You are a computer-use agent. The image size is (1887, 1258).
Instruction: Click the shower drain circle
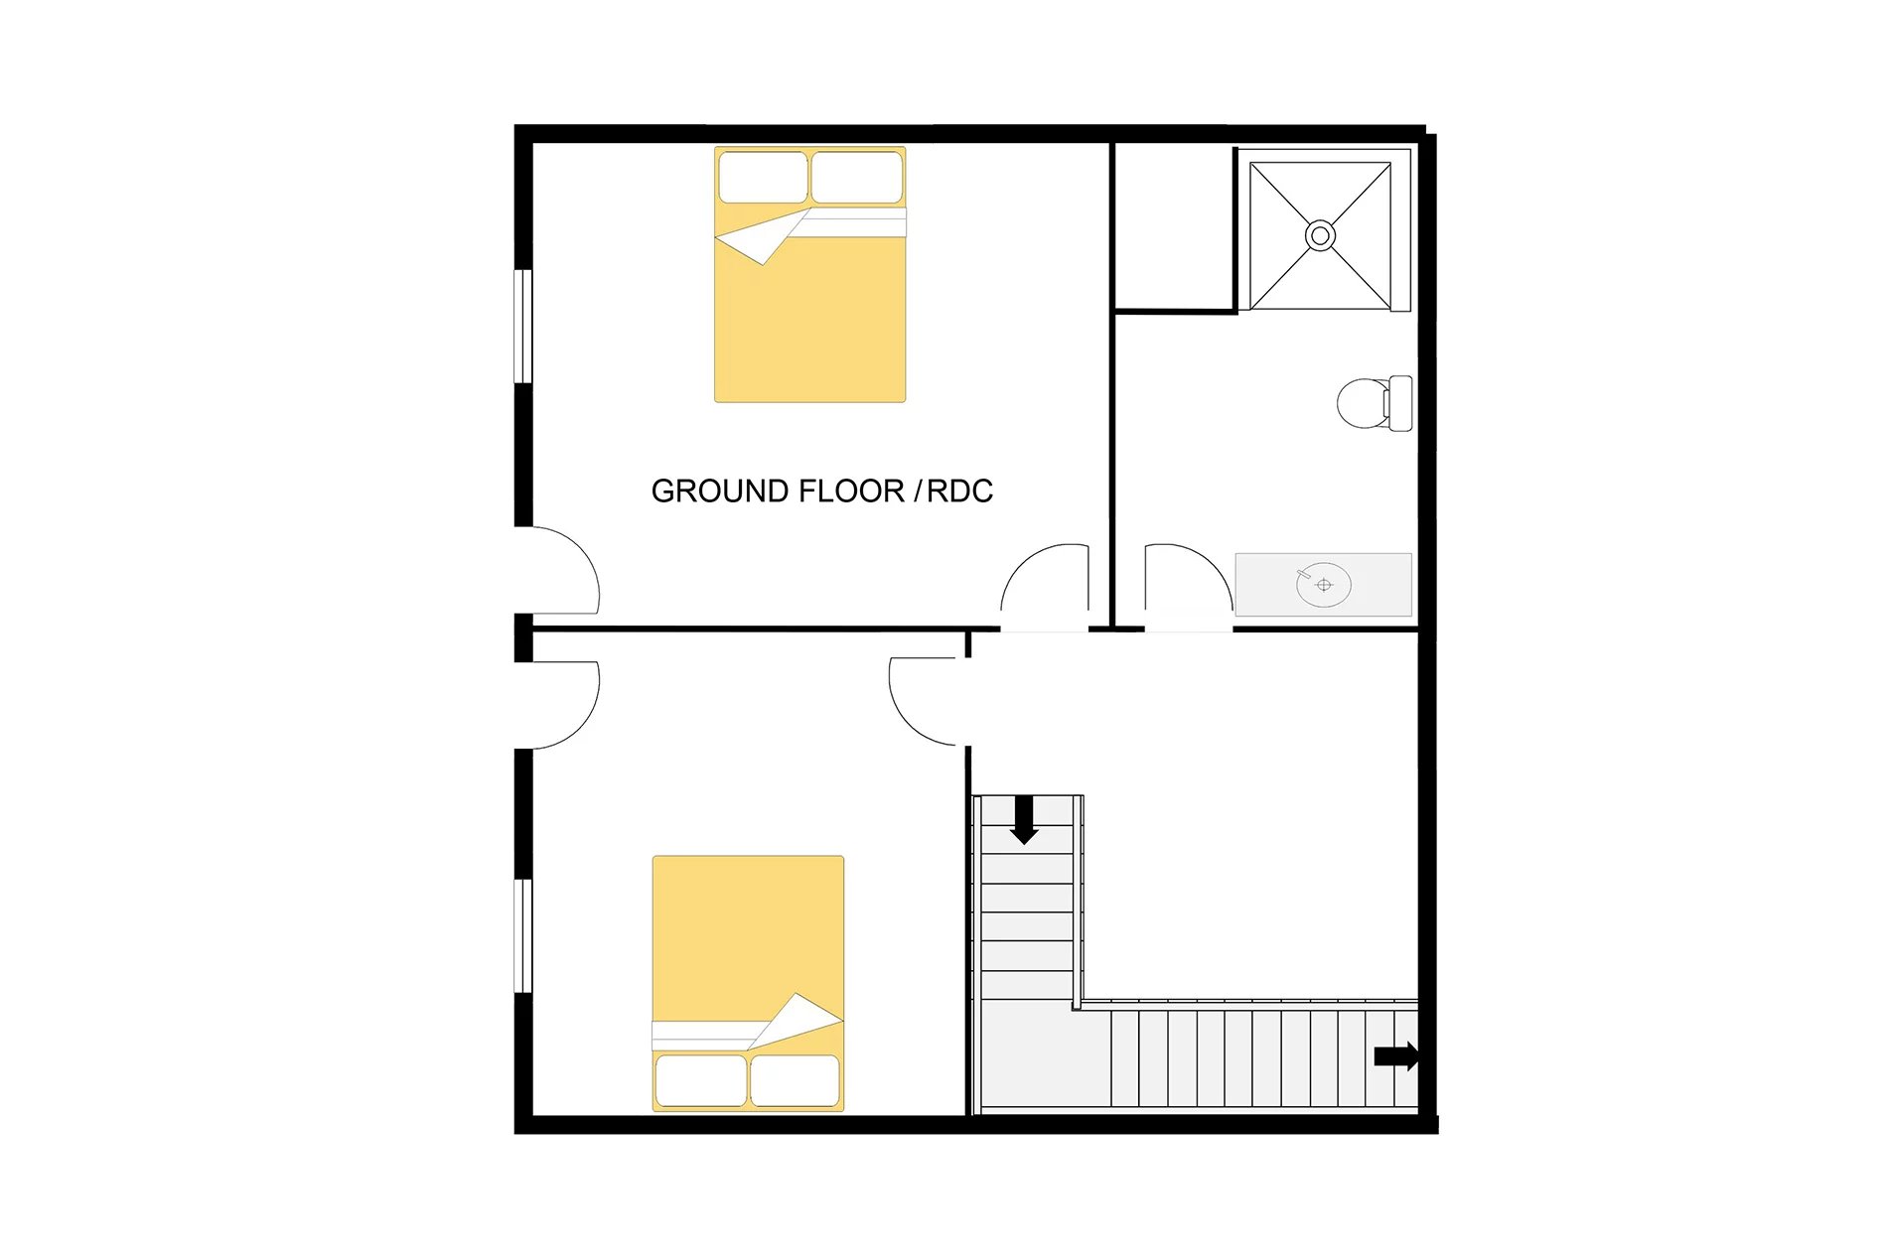(x=1320, y=236)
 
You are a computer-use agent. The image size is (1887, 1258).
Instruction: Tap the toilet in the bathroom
(x=1375, y=403)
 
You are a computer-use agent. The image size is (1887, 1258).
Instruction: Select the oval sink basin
(x=1324, y=585)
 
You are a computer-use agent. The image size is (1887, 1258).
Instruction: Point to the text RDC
(x=959, y=491)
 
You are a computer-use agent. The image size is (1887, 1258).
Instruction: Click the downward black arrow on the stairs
(x=1024, y=820)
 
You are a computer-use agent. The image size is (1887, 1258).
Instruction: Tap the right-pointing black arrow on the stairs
(x=1396, y=1056)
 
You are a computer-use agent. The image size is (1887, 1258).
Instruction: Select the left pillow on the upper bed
(x=763, y=178)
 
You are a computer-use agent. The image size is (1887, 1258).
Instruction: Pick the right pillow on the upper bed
(x=857, y=178)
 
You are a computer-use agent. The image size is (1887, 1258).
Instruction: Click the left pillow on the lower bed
(x=700, y=1080)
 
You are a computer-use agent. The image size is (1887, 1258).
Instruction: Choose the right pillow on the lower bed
(x=795, y=1080)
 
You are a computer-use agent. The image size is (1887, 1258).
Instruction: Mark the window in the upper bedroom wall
(x=523, y=326)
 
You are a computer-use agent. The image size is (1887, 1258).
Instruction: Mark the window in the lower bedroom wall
(x=523, y=935)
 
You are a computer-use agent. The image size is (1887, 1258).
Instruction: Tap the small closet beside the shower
(x=1175, y=226)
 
